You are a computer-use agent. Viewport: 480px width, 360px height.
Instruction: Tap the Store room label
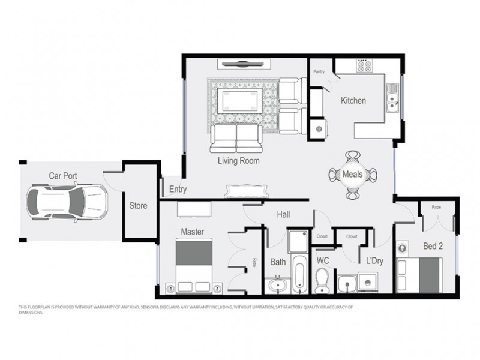[x=139, y=206]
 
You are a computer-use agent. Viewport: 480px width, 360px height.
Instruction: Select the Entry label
[x=178, y=190]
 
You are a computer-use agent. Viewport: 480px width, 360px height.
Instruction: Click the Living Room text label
[x=238, y=161]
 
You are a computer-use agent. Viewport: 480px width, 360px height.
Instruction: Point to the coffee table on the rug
[x=241, y=100]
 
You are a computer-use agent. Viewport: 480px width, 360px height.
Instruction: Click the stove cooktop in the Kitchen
[x=364, y=65]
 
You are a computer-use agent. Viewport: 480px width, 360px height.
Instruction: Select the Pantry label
[x=319, y=72]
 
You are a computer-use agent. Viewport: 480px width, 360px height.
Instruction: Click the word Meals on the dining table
[x=353, y=175]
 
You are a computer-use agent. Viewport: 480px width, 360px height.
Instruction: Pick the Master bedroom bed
[x=193, y=265]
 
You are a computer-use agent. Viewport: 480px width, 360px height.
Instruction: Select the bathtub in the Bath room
[x=299, y=274]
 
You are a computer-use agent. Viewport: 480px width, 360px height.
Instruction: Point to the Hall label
[x=284, y=214]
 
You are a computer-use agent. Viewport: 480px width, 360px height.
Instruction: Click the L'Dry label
[x=375, y=262]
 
